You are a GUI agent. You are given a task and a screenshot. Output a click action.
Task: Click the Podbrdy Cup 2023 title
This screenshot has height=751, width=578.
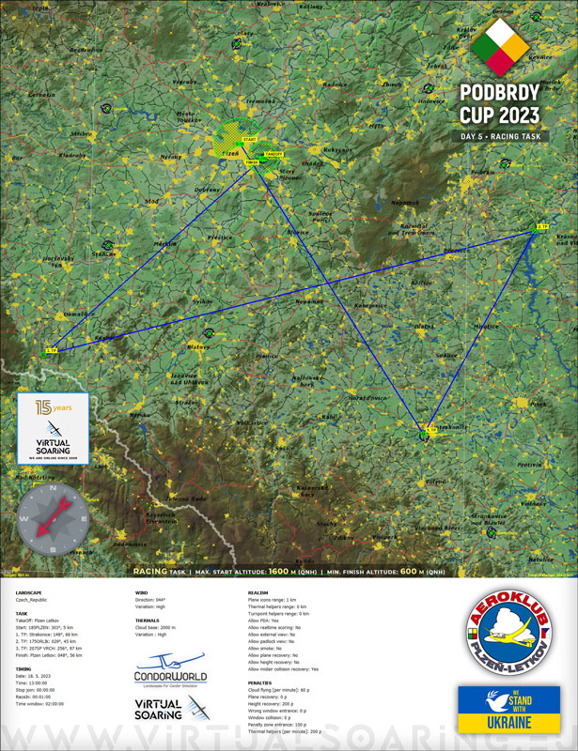pos(500,104)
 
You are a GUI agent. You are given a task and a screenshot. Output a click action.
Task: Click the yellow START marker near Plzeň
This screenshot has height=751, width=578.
pos(249,139)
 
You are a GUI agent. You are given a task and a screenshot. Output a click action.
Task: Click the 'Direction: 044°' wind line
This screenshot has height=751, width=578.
pos(157,600)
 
